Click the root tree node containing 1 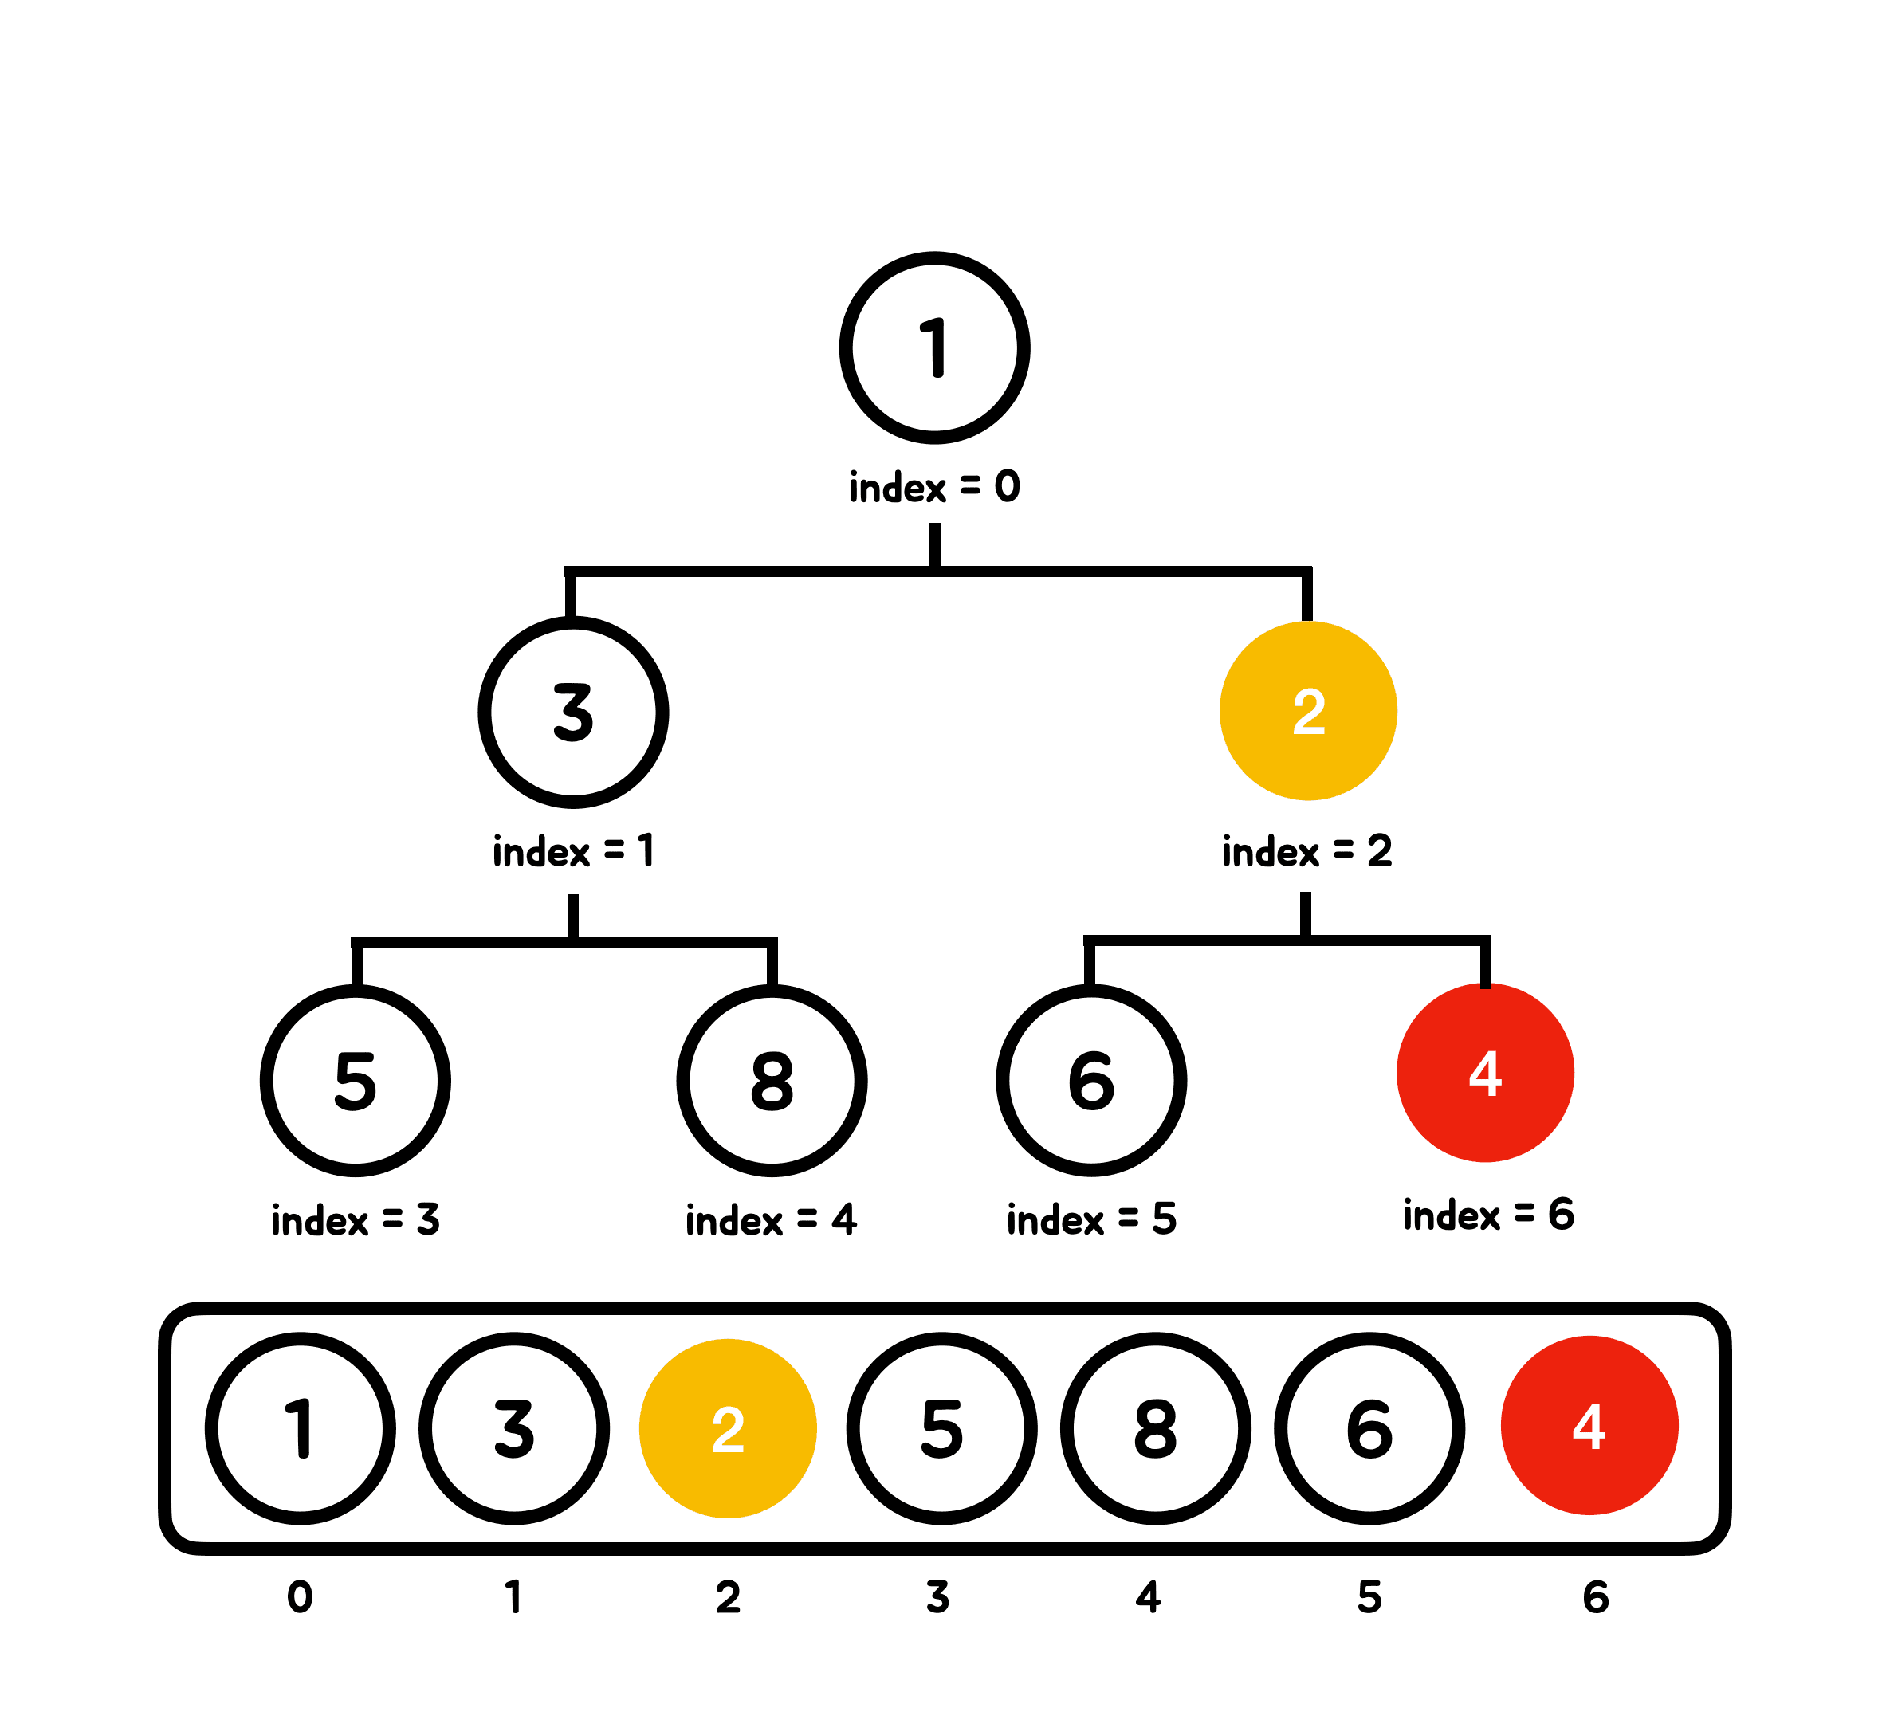pos(934,348)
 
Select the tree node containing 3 pos(573,712)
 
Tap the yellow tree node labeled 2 pos(1308,711)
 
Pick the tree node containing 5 pos(356,1081)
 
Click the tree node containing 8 pos(772,1081)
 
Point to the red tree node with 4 pos(1486,1073)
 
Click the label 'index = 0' pos(934,486)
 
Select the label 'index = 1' pos(573,851)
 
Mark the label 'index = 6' pos(1488,1215)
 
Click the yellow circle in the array pos(728,1428)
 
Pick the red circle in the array pos(1589,1426)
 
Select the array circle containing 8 pos(1155,1428)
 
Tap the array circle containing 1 pos(301,1428)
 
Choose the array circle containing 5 pos(942,1428)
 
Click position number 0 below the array pos(301,1597)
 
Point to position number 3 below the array pos(938,1597)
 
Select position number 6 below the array pos(1596,1597)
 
